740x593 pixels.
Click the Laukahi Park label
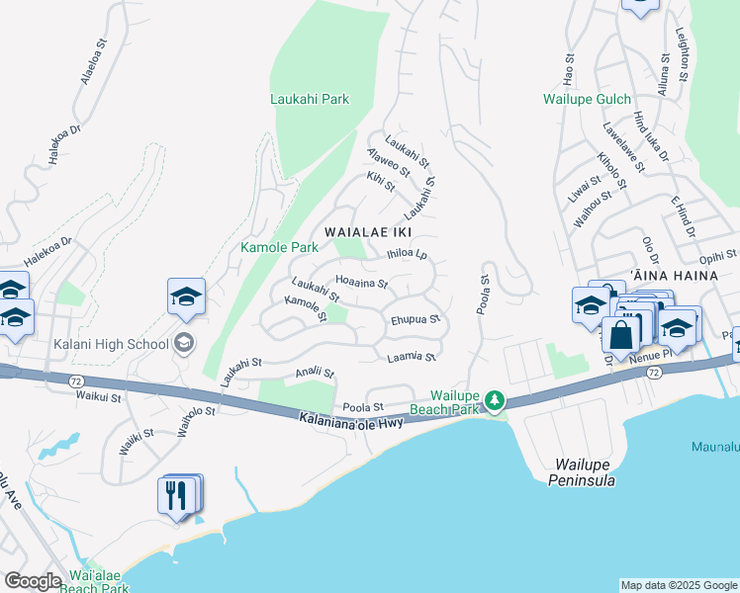coord(310,100)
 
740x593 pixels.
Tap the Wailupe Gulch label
coord(588,100)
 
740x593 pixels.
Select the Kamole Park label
coord(279,247)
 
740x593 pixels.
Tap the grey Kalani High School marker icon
coord(183,343)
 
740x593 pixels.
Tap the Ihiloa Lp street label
coord(407,254)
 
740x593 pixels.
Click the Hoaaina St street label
coord(362,283)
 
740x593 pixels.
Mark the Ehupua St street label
coord(416,320)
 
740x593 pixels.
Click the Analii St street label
coord(316,374)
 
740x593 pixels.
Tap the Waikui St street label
coord(98,397)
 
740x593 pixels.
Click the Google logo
coord(33,581)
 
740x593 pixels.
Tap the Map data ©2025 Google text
coord(678,585)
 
